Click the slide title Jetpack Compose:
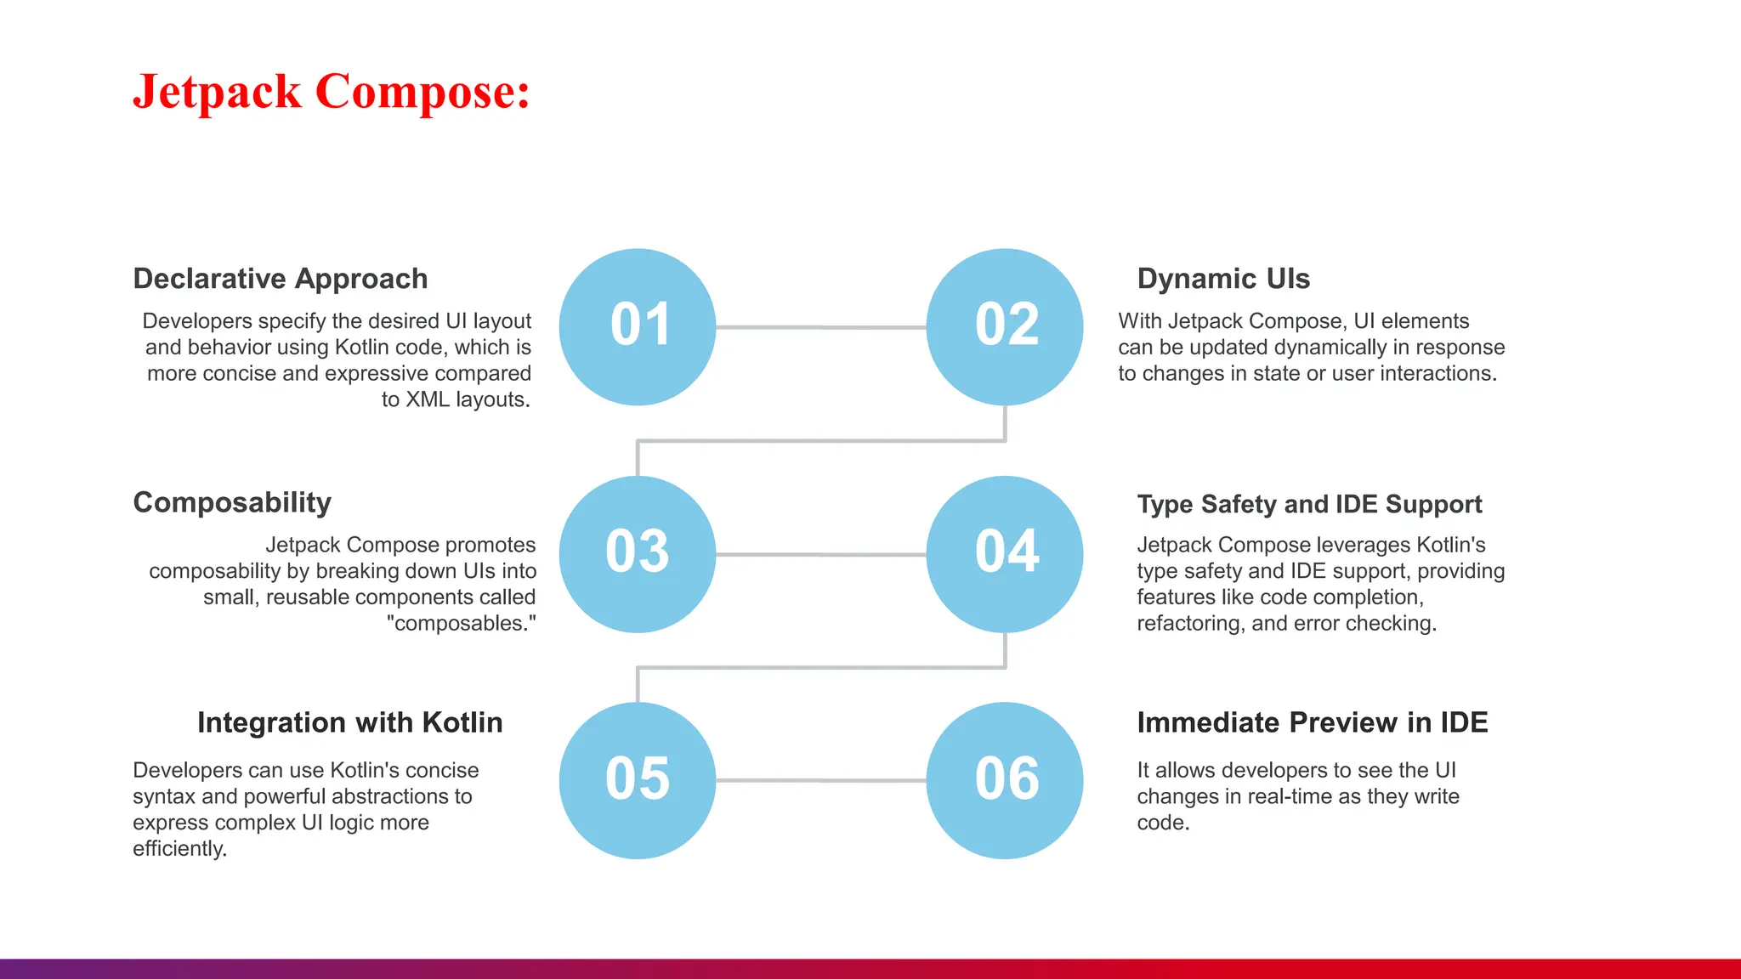[x=332, y=92]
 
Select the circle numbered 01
[x=638, y=326]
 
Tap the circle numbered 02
[x=1005, y=326]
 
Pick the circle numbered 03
[x=638, y=554]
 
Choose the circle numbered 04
[x=1005, y=554]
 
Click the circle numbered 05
[x=638, y=780]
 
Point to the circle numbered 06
[x=1005, y=780]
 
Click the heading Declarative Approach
[x=281, y=279]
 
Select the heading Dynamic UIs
[x=1223, y=279]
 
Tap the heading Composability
[x=232, y=502]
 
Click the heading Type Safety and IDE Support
[x=1309, y=504]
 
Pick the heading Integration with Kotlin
[x=350, y=722]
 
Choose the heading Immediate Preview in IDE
[x=1313, y=722]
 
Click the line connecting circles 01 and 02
[x=820, y=327]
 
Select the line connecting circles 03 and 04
[x=820, y=555]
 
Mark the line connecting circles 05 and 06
[x=820, y=780]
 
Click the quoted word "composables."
[x=461, y=623]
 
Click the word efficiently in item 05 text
[x=179, y=848]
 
